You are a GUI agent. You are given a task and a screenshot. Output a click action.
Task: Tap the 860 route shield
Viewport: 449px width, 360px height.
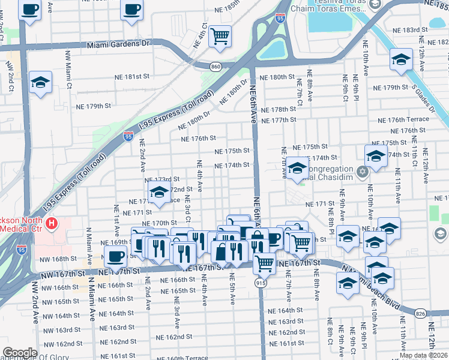(215, 65)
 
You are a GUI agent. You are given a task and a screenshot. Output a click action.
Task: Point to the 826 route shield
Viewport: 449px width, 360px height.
(421, 313)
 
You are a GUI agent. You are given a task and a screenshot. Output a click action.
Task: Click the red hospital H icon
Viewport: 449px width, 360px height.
(52, 225)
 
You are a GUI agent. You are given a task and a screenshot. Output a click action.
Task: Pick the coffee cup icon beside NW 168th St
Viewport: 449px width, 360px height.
(115, 256)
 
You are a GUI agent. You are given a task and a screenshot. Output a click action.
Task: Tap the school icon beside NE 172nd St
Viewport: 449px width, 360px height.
(158, 193)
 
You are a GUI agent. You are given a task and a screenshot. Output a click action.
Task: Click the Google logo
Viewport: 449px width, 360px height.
(20, 353)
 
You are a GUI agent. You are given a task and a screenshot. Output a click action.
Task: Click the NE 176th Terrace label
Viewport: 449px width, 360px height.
(409, 119)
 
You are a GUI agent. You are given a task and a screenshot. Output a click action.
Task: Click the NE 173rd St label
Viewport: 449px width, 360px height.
(163, 179)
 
